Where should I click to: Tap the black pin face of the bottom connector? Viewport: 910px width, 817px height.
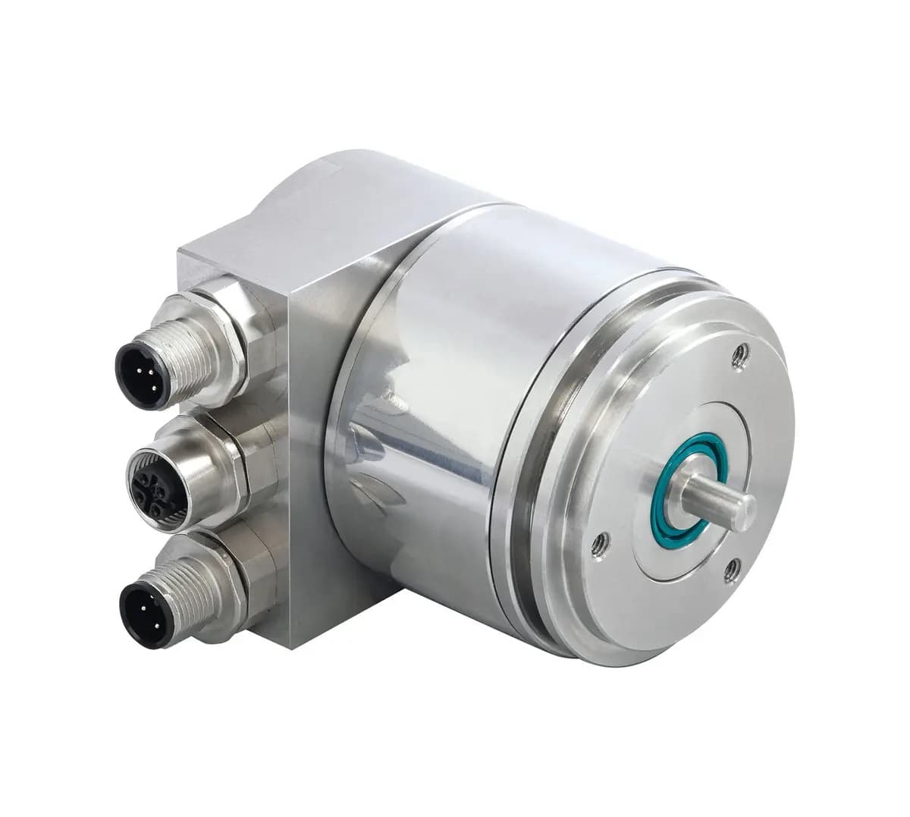(x=143, y=605)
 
